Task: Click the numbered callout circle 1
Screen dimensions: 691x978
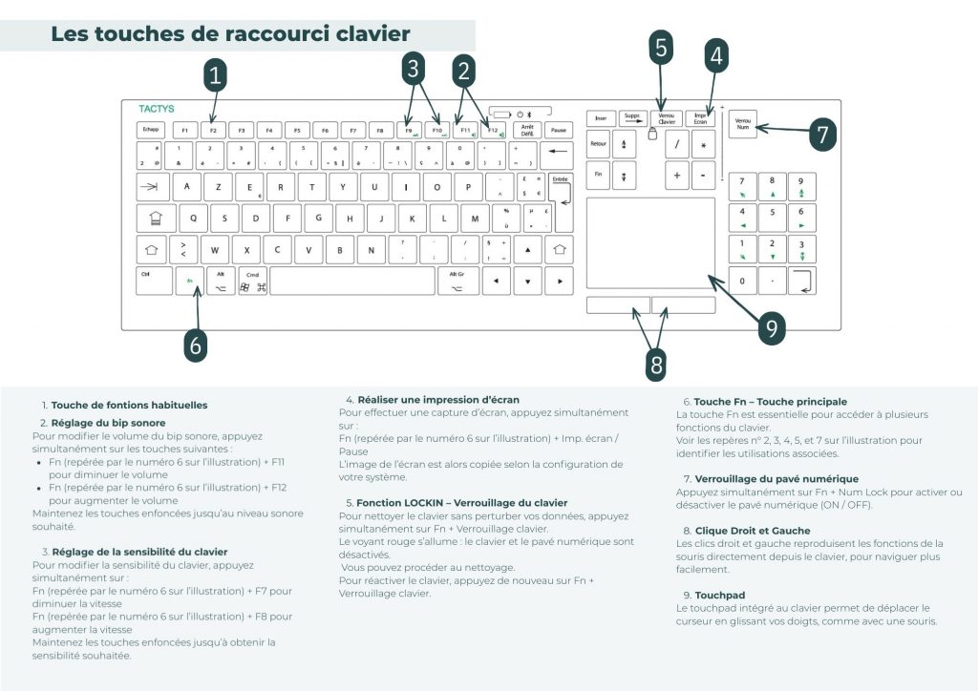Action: (217, 73)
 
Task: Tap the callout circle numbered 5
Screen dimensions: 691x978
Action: (661, 48)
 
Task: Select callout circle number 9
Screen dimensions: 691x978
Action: (771, 328)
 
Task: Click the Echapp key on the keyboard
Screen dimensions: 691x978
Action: (151, 129)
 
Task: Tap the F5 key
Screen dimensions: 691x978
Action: (297, 129)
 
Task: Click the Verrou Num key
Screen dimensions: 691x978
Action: (742, 125)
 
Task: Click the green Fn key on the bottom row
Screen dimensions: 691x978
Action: (190, 281)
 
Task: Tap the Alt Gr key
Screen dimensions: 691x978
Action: (457, 281)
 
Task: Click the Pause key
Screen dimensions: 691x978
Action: (559, 129)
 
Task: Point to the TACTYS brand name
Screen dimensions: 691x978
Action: (156, 109)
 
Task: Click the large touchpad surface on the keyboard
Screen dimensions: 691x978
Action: (649, 242)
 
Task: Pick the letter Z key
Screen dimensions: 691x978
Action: (218, 187)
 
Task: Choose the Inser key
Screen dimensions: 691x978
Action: (600, 118)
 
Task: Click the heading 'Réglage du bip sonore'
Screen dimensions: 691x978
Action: (108, 422)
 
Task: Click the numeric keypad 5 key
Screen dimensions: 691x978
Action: (772, 217)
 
